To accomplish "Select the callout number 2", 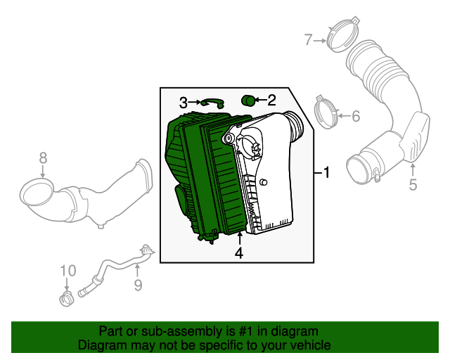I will click(271, 101).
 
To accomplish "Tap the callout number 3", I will click(184, 103).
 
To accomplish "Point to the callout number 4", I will click(239, 253).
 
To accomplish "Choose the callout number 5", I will click(413, 185).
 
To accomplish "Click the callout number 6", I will click(355, 116).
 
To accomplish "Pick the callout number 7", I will click(307, 40).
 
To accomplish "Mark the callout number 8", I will click(42, 157).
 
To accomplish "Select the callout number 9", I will click(138, 285).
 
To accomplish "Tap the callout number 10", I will click(67, 271).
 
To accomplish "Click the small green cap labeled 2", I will click(247, 101).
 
